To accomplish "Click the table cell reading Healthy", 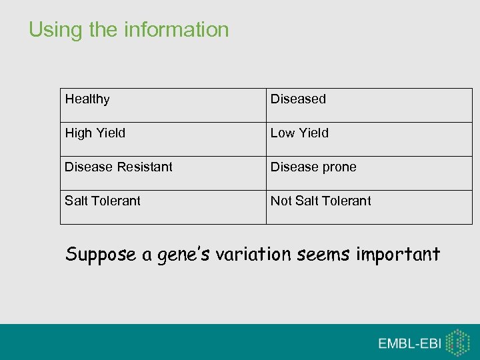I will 87,99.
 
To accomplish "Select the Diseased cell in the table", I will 298,99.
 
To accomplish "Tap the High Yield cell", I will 95,133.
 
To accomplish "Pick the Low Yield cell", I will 299,133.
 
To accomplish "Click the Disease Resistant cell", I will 118,167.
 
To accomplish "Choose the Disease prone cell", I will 313,167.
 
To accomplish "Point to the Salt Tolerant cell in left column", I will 103,201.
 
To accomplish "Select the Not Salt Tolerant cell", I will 321,201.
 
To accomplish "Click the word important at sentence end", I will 399,255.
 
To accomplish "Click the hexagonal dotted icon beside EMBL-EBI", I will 458,342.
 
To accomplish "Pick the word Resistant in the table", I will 145,167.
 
